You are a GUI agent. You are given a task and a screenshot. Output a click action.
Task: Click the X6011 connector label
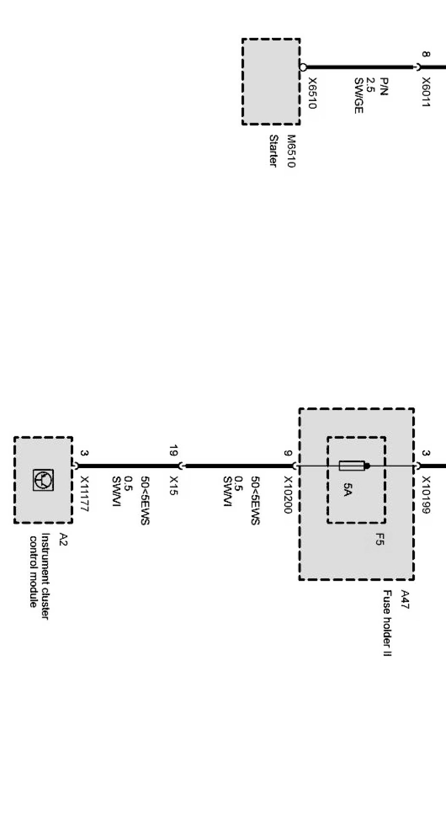425,92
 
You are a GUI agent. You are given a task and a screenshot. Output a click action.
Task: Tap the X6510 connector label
312,93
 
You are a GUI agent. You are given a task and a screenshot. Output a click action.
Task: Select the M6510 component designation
290,151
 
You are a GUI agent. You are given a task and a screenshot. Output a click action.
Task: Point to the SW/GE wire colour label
358,95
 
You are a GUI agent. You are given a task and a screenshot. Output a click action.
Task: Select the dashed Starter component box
271,82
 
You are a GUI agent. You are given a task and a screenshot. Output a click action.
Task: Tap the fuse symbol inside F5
354,466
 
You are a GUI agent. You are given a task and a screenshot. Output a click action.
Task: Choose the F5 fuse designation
380,540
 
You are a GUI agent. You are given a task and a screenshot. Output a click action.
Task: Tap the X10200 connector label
288,495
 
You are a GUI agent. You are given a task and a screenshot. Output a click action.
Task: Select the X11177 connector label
85,494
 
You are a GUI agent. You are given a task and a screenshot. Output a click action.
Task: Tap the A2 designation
63,539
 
